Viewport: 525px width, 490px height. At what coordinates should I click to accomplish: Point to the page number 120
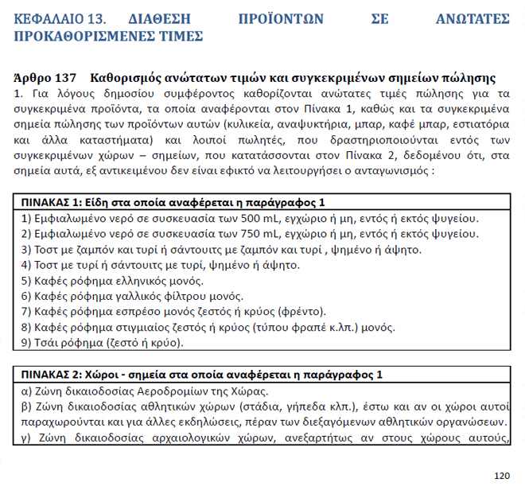501,476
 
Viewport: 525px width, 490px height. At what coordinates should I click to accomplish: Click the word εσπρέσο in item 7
137,313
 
